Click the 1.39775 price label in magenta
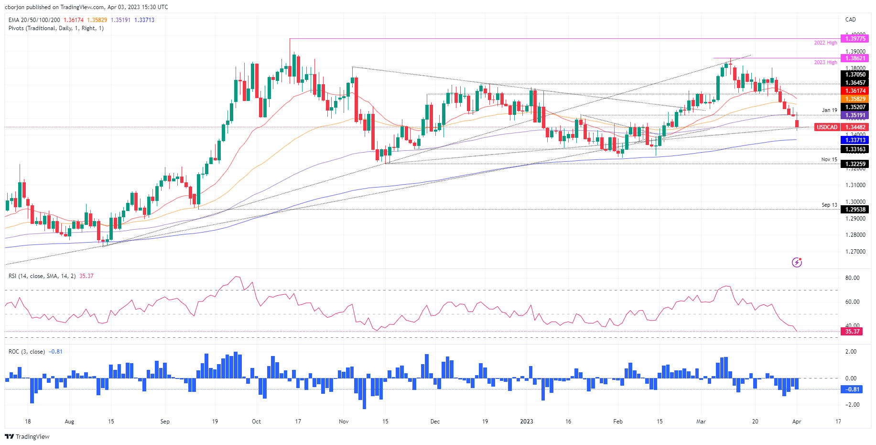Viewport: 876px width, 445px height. click(x=855, y=39)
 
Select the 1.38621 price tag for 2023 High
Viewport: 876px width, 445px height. click(x=855, y=58)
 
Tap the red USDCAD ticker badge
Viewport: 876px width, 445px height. click(x=827, y=127)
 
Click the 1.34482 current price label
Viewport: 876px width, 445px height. click(x=855, y=127)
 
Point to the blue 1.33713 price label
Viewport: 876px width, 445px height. click(x=855, y=140)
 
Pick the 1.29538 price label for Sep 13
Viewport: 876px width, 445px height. click(x=855, y=210)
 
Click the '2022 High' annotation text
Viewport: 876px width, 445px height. click(x=825, y=43)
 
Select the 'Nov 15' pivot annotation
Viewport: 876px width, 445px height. click(x=829, y=160)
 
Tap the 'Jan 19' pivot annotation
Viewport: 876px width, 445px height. click(x=829, y=110)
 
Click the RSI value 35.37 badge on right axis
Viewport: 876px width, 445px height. click(x=852, y=331)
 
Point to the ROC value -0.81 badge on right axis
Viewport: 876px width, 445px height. click(x=852, y=389)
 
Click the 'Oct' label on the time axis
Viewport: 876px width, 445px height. click(x=257, y=422)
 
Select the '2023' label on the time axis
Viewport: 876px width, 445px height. click(x=526, y=422)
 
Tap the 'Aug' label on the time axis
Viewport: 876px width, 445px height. click(x=69, y=422)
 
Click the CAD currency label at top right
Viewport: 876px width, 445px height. click(x=850, y=20)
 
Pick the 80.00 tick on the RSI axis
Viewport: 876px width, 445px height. click(x=852, y=278)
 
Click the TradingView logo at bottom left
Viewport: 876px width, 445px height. click(x=27, y=436)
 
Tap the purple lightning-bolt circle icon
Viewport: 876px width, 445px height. click(x=797, y=262)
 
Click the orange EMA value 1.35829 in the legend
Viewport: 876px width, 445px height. click(x=97, y=20)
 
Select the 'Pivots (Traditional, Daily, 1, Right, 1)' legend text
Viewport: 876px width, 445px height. click(x=56, y=28)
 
